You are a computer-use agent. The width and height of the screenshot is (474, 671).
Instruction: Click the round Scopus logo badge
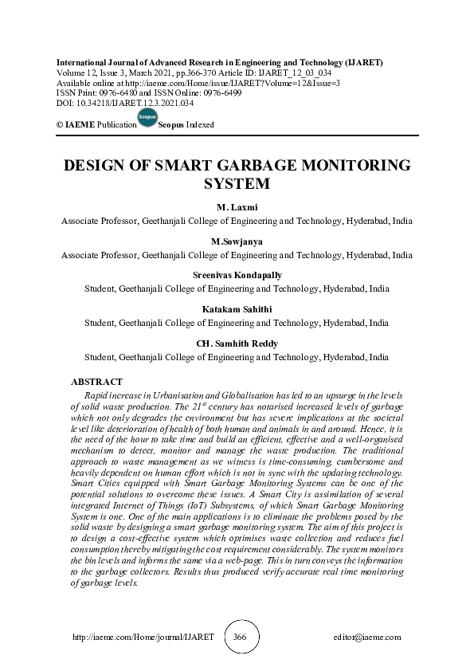[147, 119]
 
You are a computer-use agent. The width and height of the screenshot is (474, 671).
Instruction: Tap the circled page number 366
[240, 638]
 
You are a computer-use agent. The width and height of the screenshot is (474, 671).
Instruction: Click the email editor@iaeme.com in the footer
[367, 638]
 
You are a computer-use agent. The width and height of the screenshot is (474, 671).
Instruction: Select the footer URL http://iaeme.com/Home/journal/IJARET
[143, 638]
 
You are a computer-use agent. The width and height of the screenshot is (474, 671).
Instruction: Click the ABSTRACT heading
[96, 383]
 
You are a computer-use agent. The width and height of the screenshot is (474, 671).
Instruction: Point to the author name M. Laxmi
[237, 206]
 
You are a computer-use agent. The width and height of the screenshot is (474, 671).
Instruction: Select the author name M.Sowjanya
[237, 241]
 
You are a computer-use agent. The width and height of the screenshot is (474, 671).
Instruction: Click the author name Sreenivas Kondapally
[237, 275]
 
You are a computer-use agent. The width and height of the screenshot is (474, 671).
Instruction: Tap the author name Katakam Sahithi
[237, 309]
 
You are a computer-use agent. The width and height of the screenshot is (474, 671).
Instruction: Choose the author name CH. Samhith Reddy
[237, 343]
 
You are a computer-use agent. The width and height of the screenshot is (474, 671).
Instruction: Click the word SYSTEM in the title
[237, 184]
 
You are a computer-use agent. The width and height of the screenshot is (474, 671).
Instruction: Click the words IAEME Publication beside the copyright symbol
[91, 125]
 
